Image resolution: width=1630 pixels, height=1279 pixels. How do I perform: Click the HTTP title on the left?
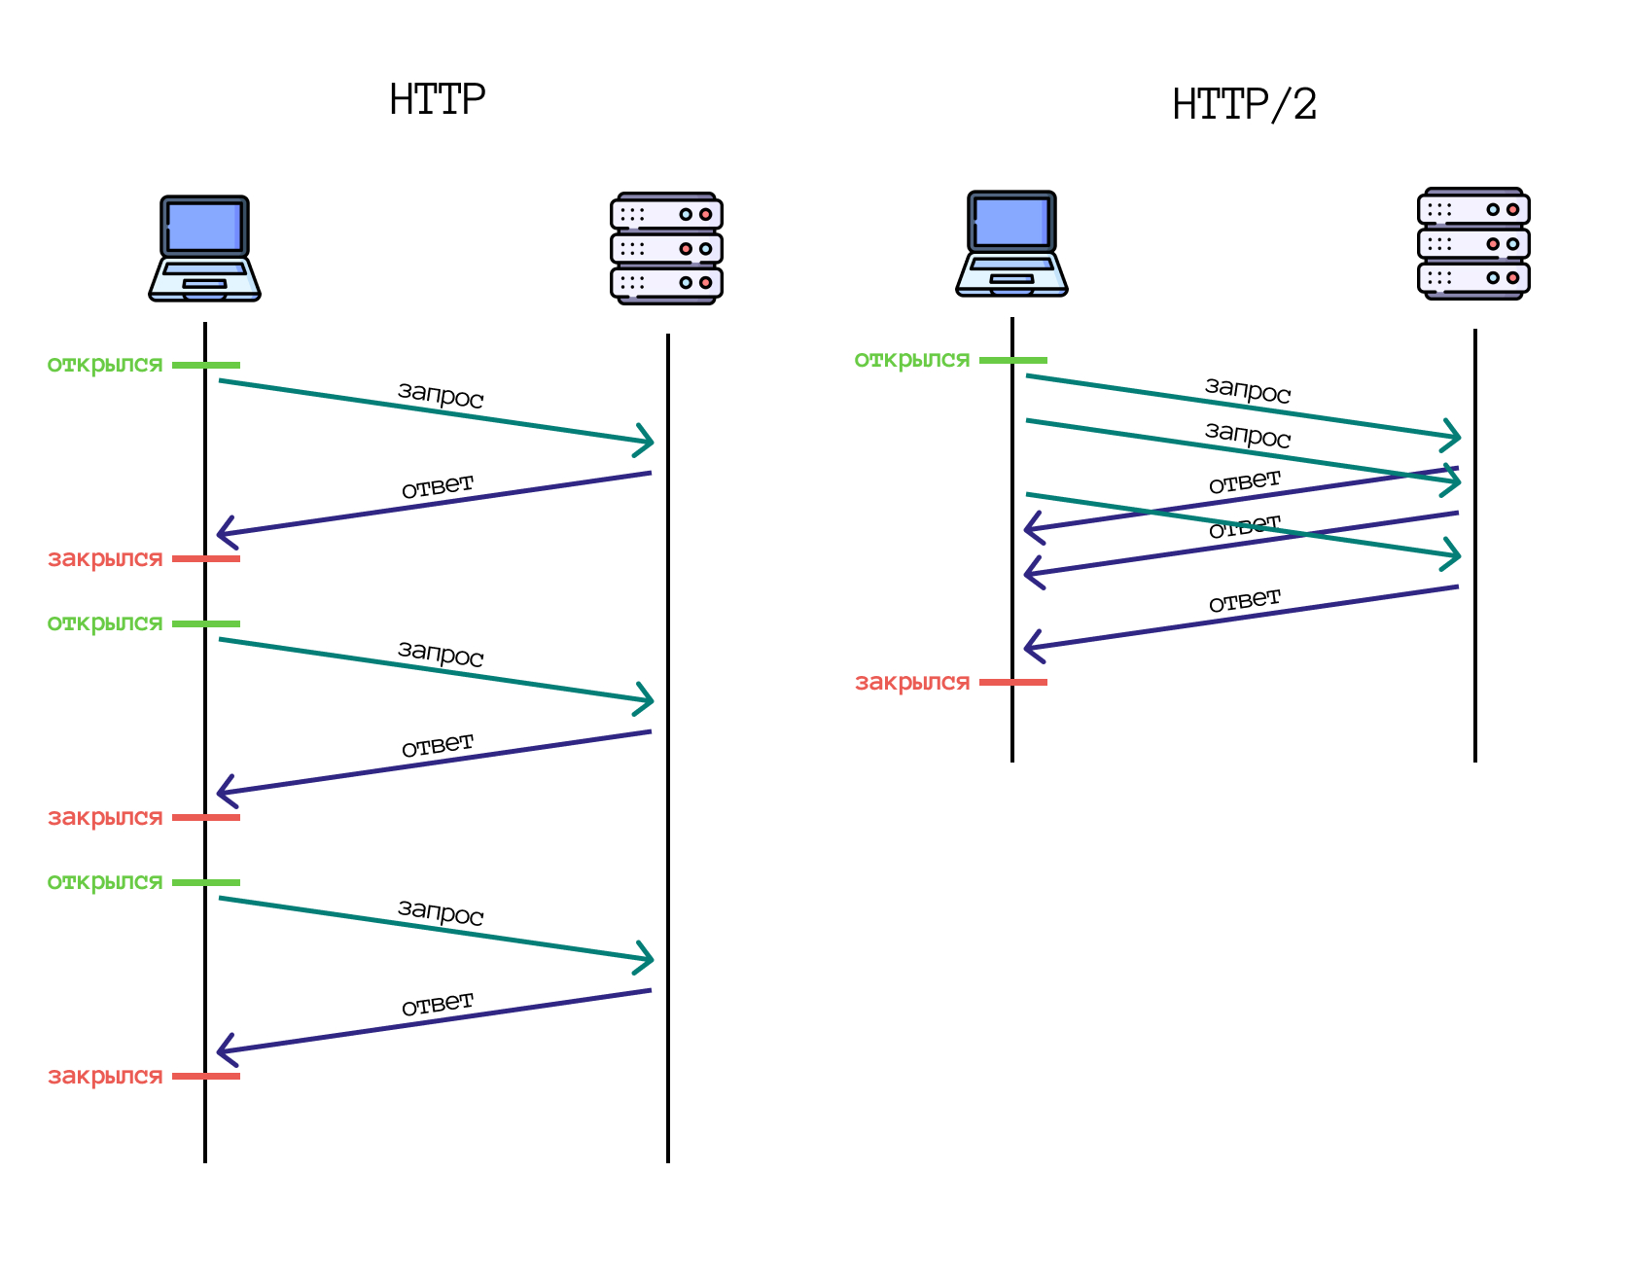click(437, 99)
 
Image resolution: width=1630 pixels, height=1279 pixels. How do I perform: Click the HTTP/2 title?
click(1244, 105)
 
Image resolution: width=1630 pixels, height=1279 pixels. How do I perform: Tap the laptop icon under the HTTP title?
click(204, 249)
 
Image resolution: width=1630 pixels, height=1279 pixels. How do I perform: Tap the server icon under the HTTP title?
click(666, 249)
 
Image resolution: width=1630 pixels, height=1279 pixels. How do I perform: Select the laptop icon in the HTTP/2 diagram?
click(1011, 244)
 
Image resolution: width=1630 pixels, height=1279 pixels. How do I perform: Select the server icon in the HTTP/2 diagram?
click(1473, 244)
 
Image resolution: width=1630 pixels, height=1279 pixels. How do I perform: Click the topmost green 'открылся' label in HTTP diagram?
click(105, 365)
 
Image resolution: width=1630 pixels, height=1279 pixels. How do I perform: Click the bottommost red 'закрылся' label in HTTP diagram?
click(105, 1077)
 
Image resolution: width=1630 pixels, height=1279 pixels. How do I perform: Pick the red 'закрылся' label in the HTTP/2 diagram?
click(912, 683)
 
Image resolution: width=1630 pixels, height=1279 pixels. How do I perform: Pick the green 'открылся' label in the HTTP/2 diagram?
click(912, 360)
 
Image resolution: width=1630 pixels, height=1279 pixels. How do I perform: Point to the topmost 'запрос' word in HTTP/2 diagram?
click(1248, 390)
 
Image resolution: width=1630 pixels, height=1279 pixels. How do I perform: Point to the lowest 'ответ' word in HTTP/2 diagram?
click(1245, 601)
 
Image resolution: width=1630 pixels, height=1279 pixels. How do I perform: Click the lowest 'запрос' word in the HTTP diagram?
click(441, 912)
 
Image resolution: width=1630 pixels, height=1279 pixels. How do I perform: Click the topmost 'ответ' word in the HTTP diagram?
click(438, 486)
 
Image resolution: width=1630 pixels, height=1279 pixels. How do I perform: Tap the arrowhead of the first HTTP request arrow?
click(648, 441)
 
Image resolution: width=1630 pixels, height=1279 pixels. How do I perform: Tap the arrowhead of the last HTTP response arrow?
click(223, 1050)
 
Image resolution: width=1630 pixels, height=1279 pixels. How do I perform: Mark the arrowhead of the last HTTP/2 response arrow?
click(1030, 646)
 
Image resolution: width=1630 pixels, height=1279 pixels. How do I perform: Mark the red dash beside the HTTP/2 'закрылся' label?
click(1013, 683)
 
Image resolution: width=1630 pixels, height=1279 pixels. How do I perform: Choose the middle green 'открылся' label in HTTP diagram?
click(105, 623)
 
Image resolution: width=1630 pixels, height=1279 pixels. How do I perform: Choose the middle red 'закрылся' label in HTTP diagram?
click(105, 818)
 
